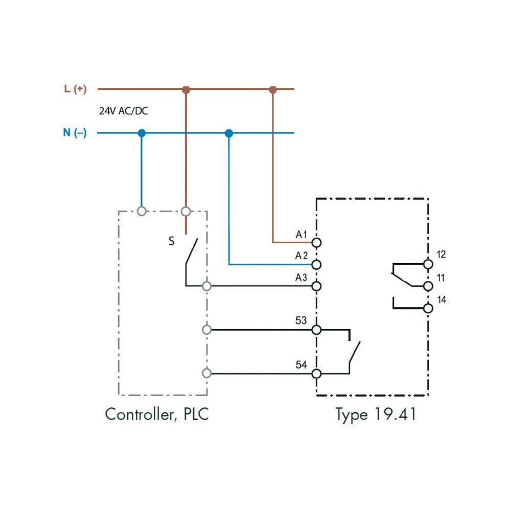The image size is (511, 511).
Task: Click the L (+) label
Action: click(x=75, y=89)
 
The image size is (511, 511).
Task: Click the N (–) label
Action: click(x=75, y=133)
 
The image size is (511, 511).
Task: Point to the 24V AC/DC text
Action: click(x=123, y=111)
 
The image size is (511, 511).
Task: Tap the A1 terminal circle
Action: click(x=316, y=242)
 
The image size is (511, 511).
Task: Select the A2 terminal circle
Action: click(x=316, y=264)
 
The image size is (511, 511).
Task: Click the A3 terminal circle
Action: click(x=316, y=286)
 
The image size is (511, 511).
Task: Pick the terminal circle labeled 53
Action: click(x=316, y=330)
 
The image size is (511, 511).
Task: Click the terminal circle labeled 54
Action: click(x=316, y=374)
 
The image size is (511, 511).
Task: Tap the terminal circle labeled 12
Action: click(x=428, y=264)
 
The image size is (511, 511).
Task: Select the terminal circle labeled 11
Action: click(x=428, y=286)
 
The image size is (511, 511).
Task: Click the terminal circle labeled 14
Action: click(x=428, y=308)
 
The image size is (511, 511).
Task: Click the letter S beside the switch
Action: click(x=172, y=241)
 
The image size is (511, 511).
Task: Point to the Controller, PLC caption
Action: click(x=157, y=414)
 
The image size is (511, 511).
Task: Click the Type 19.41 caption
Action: click(x=376, y=414)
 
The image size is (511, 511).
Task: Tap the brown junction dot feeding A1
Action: click(x=273, y=89)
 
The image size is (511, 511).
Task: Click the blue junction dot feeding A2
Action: click(x=229, y=133)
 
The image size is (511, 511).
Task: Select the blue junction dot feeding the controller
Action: click(x=142, y=133)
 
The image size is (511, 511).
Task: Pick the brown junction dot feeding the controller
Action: click(x=186, y=89)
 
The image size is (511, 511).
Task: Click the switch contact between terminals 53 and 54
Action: click(x=354, y=352)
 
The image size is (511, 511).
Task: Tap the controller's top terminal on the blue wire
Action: click(x=142, y=211)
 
